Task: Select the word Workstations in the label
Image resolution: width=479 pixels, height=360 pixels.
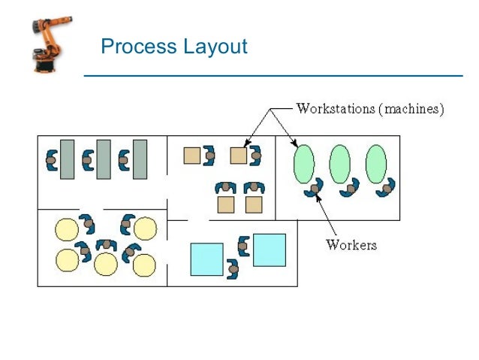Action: click(x=336, y=109)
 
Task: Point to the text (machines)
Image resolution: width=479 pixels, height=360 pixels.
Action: click(x=411, y=109)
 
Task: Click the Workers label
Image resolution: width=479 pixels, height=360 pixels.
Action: click(x=351, y=244)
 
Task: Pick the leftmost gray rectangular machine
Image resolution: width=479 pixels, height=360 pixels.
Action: click(x=68, y=159)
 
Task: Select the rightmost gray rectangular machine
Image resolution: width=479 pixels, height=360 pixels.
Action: click(x=140, y=159)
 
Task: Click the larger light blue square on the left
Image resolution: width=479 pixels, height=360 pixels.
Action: click(x=206, y=259)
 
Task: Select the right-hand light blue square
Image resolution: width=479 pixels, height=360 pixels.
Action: click(x=269, y=250)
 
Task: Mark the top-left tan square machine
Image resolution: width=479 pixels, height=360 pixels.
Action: click(x=191, y=155)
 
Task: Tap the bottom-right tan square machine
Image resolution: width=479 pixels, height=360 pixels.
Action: click(x=254, y=204)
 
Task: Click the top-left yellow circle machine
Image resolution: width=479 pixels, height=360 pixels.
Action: click(x=68, y=228)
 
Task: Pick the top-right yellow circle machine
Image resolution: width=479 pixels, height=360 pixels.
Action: click(x=144, y=228)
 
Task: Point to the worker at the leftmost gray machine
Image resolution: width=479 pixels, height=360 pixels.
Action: click(x=51, y=159)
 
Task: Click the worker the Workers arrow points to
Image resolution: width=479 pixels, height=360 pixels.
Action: click(x=315, y=188)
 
